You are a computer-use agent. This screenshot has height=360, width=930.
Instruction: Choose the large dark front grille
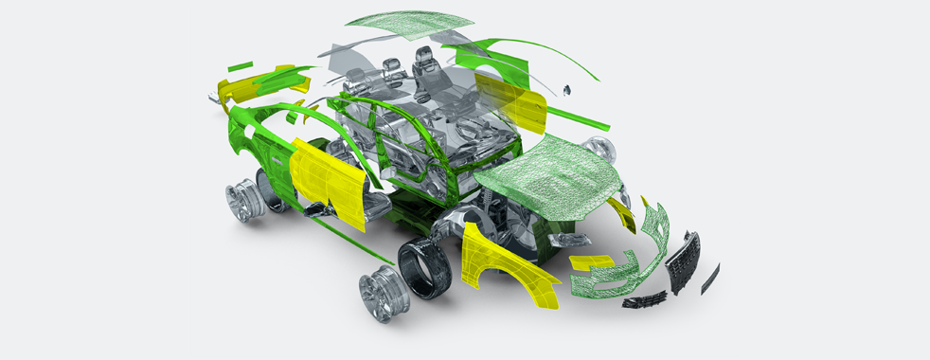683,261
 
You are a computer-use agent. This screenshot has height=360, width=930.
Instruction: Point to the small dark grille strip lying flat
643,302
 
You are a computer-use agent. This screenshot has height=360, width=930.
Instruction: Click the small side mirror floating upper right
568,91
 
